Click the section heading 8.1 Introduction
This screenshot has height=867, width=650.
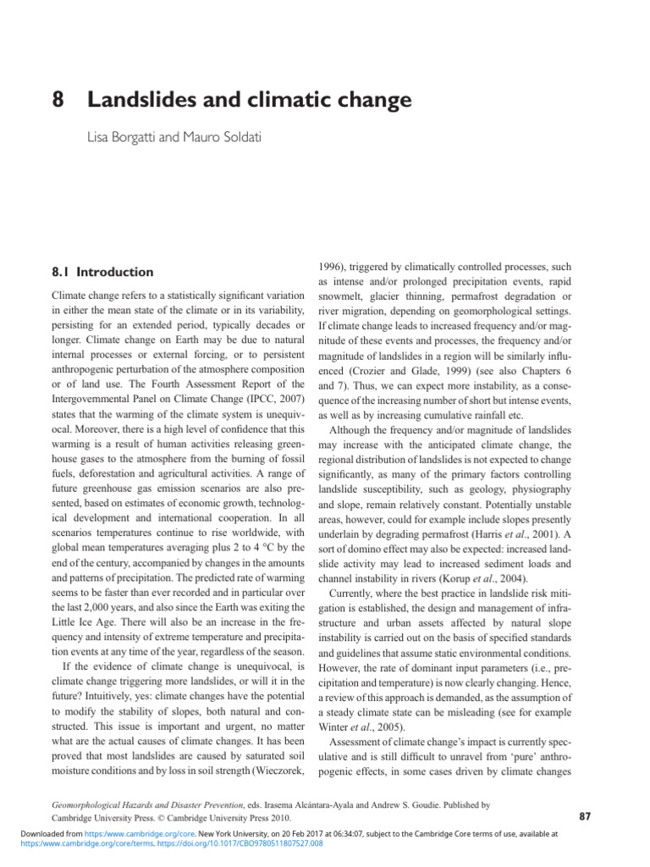(102, 272)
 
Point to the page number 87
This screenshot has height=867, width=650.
(584, 816)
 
